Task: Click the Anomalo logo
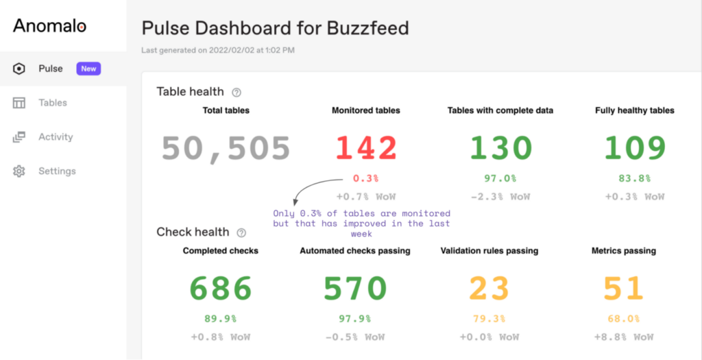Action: (x=49, y=26)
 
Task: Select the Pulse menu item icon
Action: (x=19, y=69)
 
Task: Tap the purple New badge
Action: (x=88, y=69)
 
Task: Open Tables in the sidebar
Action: (x=52, y=103)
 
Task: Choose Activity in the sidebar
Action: (x=55, y=137)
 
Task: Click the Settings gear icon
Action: (x=19, y=171)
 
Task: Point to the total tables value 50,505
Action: (x=226, y=148)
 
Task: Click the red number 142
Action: (x=365, y=148)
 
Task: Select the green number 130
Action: (x=500, y=148)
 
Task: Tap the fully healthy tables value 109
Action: (x=634, y=148)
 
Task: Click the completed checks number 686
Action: (x=220, y=289)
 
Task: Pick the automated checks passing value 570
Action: (x=354, y=289)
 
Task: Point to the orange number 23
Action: (x=489, y=289)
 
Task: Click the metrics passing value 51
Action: (x=623, y=289)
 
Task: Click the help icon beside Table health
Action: (x=237, y=92)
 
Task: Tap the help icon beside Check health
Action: (x=241, y=232)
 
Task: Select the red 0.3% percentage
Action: (x=365, y=179)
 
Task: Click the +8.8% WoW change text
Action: (x=623, y=337)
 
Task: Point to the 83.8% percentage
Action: (x=634, y=179)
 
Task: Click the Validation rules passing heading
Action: (x=489, y=251)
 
